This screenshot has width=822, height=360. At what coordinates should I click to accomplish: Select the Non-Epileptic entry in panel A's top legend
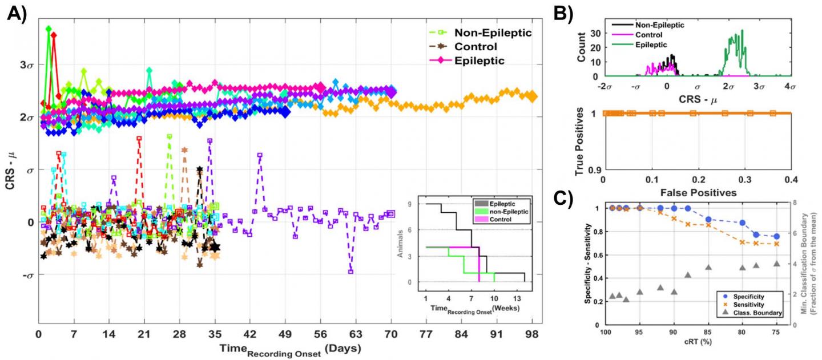tap(493, 33)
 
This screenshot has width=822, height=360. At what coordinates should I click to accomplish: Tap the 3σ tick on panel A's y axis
tap(25, 64)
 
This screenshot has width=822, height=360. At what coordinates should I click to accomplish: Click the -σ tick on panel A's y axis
tap(25, 275)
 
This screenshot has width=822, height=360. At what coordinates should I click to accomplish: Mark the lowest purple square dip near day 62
tap(350, 272)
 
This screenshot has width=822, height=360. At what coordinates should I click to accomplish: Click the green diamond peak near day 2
tap(49, 29)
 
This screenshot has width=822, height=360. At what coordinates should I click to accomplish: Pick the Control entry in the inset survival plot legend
tap(503, 220)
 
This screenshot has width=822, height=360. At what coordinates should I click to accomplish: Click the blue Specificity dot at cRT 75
tap(776, 236)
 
